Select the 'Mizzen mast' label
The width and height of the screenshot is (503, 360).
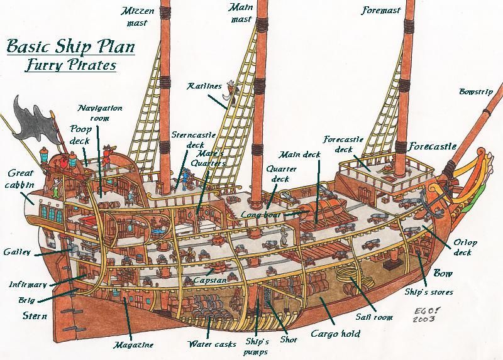[136, 17]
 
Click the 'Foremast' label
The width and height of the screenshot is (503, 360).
[382, 11]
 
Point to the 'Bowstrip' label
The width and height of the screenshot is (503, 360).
[475, 92]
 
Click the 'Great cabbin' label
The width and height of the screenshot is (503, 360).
[21, 178]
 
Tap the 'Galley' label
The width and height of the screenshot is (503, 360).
[16, 252]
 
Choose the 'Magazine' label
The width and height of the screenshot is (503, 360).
[133, 344]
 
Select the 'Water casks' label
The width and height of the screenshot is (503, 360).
[212, 344]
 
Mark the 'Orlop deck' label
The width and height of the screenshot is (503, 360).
[465, 247]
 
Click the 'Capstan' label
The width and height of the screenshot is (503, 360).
[210, 280]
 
